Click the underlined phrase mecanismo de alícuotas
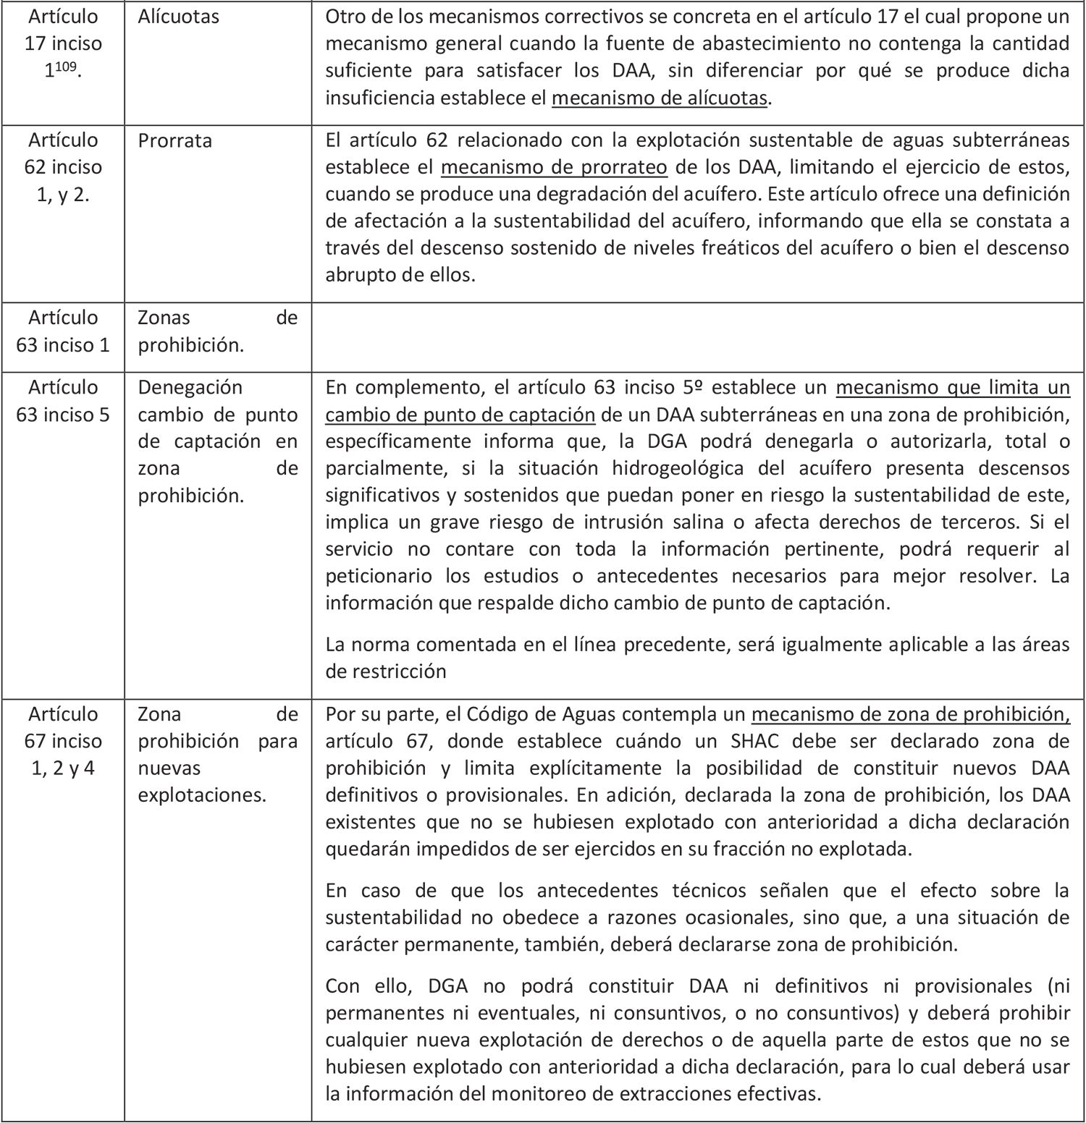[x=659, y=98]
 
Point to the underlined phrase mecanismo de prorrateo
[x=554, y=167]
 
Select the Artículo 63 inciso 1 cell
[x=63, y=331]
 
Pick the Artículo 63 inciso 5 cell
[x=63, y=401]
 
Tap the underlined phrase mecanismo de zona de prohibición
[x=910, y=714]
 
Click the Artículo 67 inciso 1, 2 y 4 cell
[x=63, y=741]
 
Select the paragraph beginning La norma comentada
[x=696, y=658]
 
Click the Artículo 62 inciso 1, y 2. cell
[x=63, y=167]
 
